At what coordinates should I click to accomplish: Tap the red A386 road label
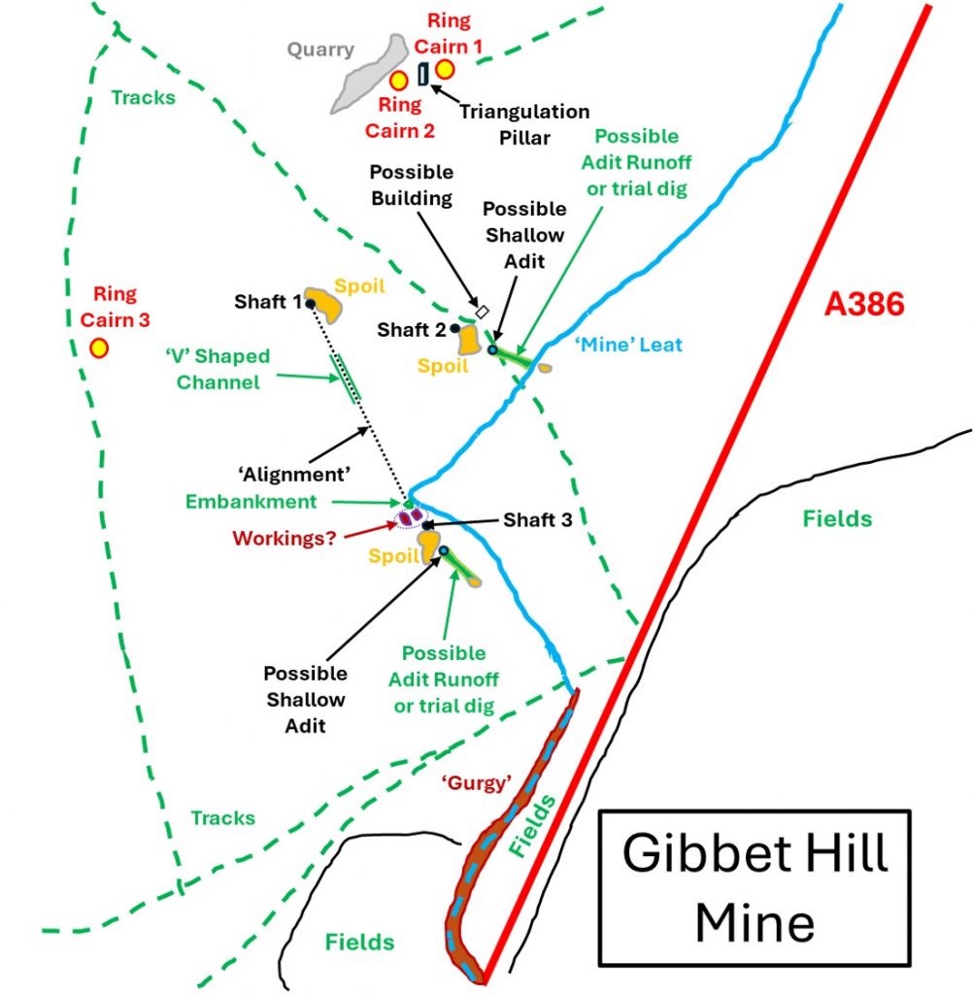tap(864, 304)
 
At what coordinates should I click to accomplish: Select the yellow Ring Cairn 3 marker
tap(98, 348)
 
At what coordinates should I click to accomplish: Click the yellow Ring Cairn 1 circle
tap(445, 69)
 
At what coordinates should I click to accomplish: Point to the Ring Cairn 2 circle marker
tap(398, 81)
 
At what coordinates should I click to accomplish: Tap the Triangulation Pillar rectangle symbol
tap(422, 73)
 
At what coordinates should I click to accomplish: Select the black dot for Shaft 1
tap(309, 303)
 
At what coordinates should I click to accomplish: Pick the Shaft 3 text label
tap(537, 520)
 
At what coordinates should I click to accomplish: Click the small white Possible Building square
tap(480, 311)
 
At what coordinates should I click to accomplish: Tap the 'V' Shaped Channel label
tap(218, 369)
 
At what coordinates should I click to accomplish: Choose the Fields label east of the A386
tap(837, 518)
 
